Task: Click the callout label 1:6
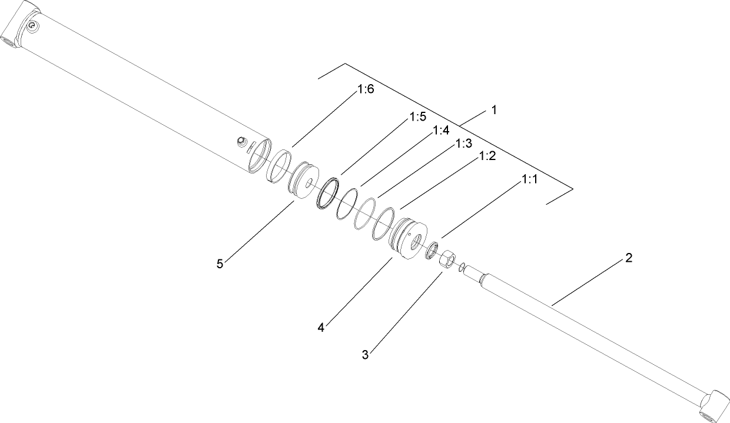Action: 366,89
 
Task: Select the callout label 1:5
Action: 417,118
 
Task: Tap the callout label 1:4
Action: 441,131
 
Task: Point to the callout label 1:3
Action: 464,144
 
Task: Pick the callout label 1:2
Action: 487,156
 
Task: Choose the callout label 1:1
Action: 529,180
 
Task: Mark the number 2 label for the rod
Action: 629,258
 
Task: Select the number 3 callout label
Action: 365,355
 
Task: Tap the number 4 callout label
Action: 321,328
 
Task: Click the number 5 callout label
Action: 220,264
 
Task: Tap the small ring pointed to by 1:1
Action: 433,249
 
